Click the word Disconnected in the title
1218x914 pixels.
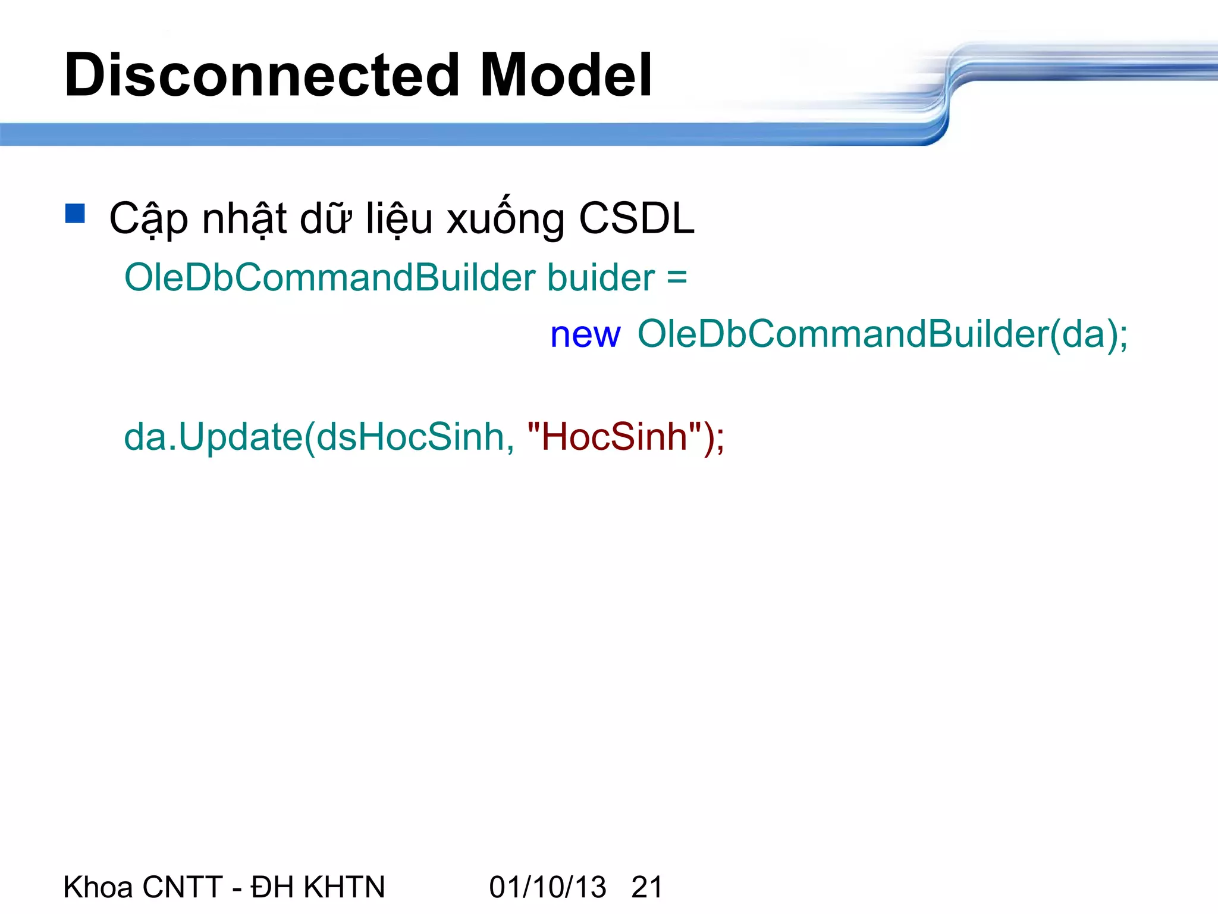point(262,76)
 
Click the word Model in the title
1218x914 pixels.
point(566,76)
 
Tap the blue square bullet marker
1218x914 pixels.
point(76,214)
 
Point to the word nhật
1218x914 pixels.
point(244,218)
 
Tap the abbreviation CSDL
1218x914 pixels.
point(636,218)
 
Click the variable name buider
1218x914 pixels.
point(601,278)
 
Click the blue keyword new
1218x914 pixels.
point(585,334)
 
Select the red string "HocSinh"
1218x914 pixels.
point(615,437)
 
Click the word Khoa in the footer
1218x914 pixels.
point(98,887)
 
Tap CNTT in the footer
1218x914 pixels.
point(183,887)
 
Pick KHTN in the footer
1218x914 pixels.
point(344,887)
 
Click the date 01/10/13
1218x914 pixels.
point(548,887)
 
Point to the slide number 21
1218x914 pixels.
point(647,887)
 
